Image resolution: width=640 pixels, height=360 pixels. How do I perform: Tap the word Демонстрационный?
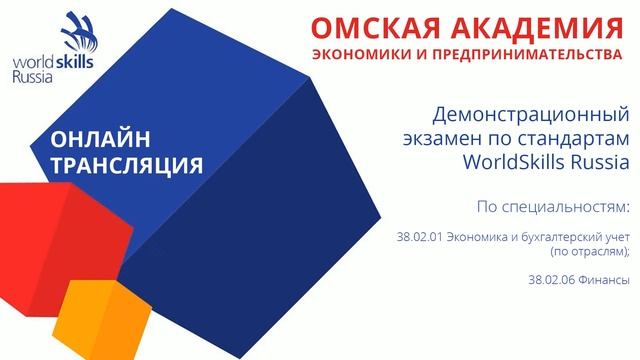click(533, 113)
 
